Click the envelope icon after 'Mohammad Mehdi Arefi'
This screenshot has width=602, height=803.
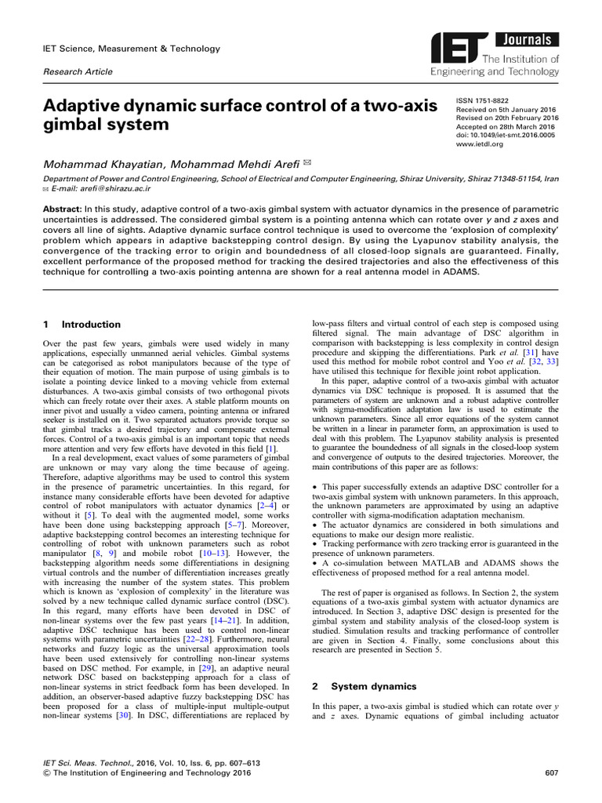point(285,162)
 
